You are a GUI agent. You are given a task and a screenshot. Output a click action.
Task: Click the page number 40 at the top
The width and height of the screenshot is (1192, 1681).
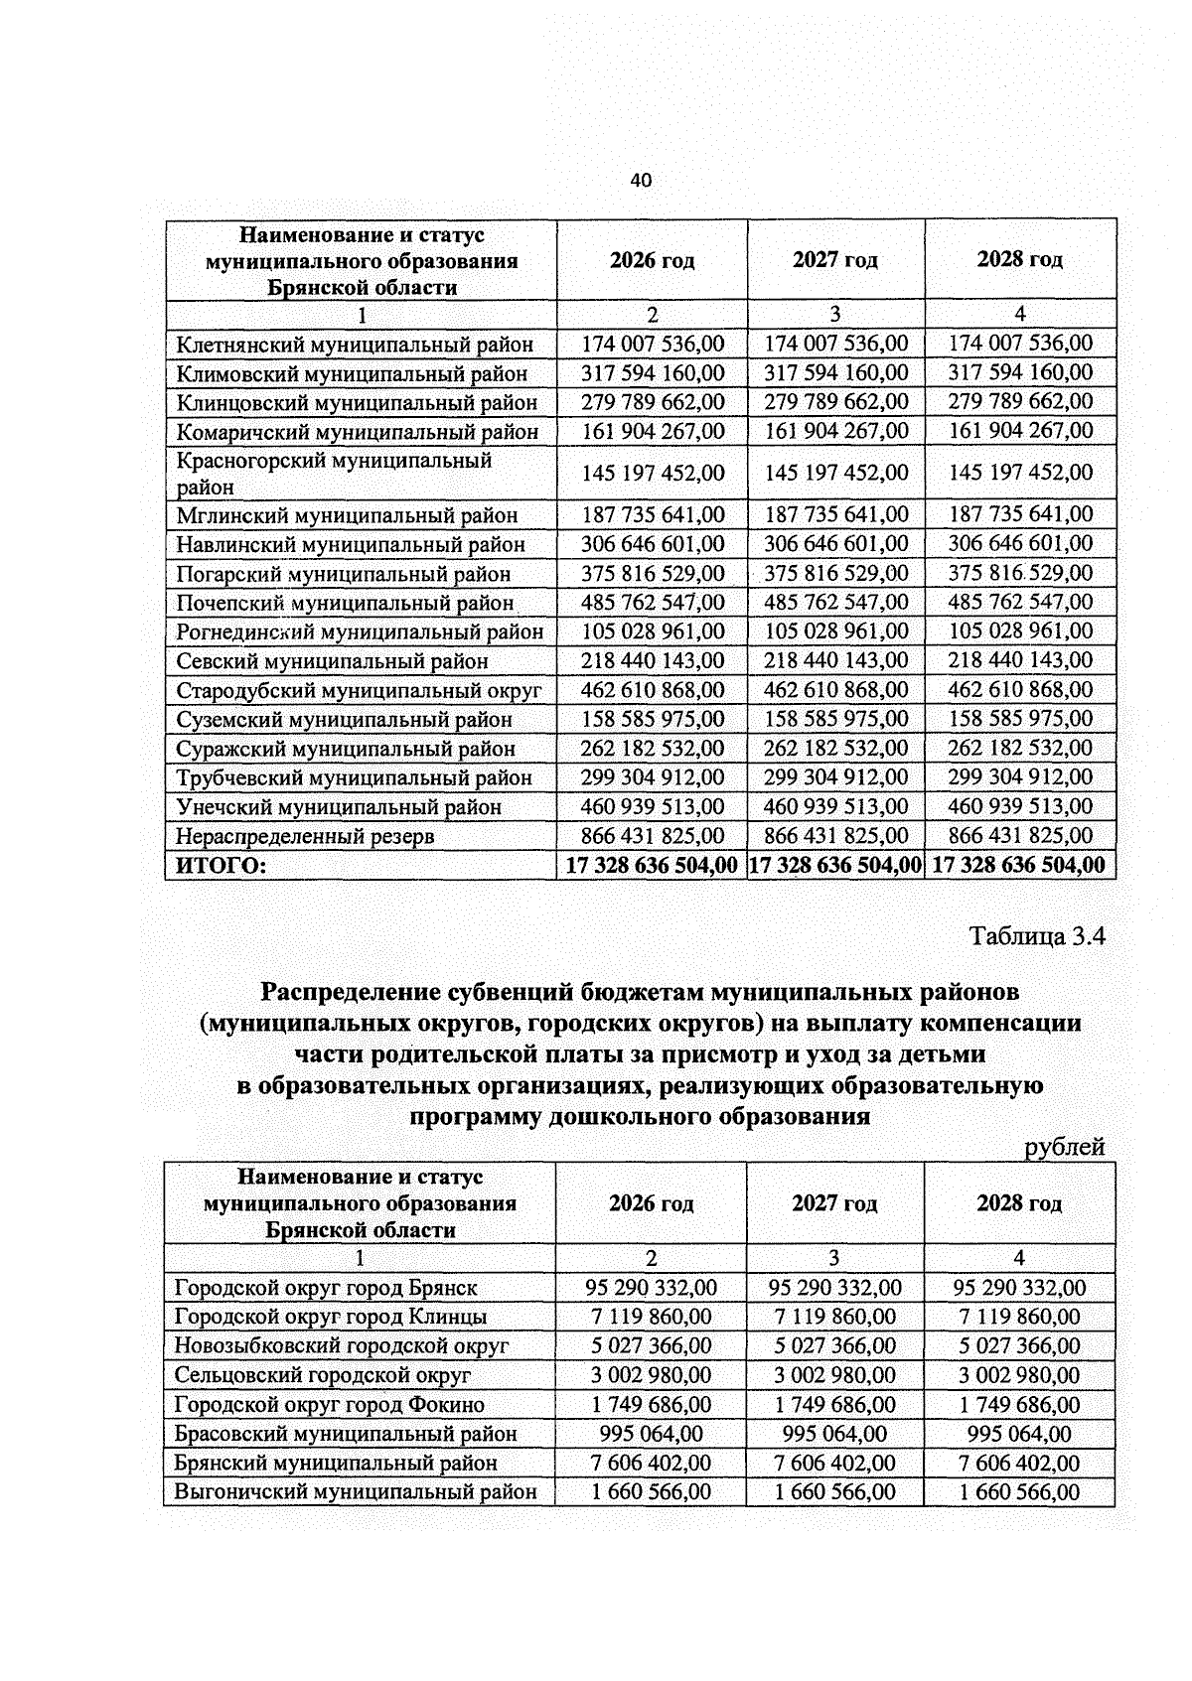(x=641, y=181)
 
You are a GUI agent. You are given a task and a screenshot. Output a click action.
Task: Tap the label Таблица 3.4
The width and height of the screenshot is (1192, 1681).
(x=1037, y=936)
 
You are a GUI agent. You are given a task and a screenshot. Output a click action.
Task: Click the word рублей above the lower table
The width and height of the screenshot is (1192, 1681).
(x=1065, y=1148)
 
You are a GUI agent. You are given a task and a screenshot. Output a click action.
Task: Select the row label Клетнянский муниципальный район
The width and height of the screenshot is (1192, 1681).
(x=355, y=345)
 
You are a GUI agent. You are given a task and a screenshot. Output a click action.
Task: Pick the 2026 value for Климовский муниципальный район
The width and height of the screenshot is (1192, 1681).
(x=653, y=373)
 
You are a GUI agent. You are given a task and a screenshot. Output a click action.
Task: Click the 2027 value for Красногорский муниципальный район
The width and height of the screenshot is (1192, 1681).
(x=836, y=473)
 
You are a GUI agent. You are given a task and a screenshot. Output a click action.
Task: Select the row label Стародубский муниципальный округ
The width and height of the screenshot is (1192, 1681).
(x=359, y=690)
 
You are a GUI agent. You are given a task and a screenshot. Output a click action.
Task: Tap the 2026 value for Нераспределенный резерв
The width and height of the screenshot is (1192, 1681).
(x=653, y=836)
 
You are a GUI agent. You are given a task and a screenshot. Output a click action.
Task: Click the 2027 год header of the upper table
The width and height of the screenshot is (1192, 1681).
(x=835, y=260)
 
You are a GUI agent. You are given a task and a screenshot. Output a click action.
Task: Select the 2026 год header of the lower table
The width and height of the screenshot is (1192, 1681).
(x=652, y=1203)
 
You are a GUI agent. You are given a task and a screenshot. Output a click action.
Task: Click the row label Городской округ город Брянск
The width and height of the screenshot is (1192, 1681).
(x=326, y=1288)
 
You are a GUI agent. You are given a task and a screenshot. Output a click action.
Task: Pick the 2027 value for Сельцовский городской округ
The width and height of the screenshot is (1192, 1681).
(x=835, y=1375)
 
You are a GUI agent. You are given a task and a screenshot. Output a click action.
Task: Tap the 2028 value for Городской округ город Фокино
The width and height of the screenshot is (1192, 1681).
(x=1019, y=1404)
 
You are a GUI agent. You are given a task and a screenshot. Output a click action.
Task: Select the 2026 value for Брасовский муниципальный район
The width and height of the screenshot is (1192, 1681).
(x=652, y=1434)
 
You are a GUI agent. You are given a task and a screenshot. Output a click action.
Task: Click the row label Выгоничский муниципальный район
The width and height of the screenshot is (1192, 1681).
(x=356, y=1491)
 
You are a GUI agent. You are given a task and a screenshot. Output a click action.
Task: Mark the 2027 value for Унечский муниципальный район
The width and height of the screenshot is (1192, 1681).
(x=836, y=806)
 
